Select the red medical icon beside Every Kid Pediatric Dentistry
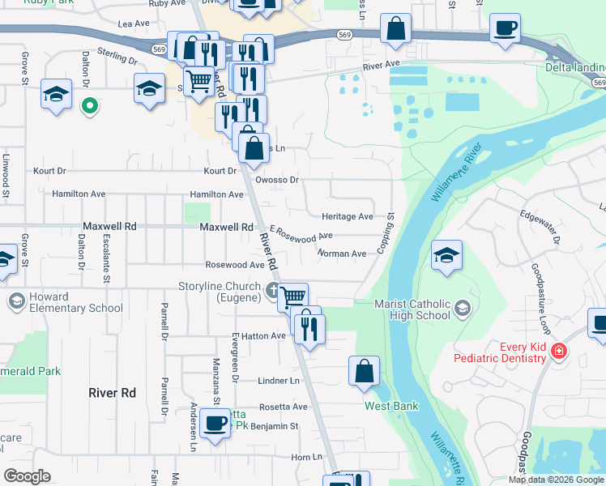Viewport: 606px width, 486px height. (557, 351)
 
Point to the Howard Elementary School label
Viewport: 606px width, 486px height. (76, 302)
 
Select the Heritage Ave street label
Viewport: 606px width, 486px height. (347, 217)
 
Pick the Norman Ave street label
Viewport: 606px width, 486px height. (343, 254)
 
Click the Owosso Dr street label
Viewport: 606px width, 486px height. (277, 180)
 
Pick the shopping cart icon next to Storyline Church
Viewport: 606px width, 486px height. (292, 296)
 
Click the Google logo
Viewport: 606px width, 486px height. (28, 476)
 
